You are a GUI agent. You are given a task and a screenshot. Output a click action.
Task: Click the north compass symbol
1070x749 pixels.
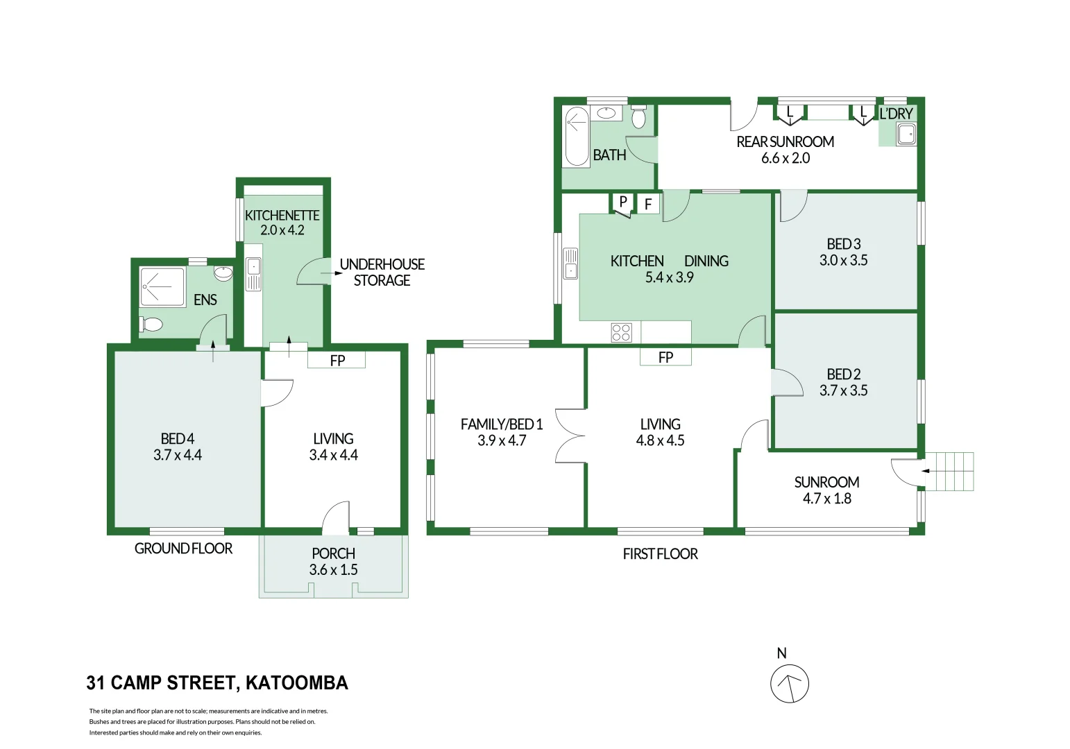pyautogui.click(x=789, y=683)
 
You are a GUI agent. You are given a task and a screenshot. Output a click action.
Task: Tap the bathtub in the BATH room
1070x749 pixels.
pyautogui.click(x=576, y=137)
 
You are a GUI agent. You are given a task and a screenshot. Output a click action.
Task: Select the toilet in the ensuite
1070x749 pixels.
pyautogui.click(x=151, y=324)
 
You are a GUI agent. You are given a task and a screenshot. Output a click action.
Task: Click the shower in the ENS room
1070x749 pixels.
pyautogui.click(x=163, y=286)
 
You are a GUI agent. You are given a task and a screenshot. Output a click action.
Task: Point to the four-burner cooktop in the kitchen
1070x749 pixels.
pyautogui.click(x=621, y=332)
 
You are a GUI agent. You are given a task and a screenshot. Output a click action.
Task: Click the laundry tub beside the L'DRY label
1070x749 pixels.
pyautogui.click(x=906, y=134)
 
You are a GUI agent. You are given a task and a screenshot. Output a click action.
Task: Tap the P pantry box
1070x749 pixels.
pyautogui.click(x=623, y=202)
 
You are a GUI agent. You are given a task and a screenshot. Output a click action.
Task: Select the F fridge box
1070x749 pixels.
pyautogui.click(x=648, y=204)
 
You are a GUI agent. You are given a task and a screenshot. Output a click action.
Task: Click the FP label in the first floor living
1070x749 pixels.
pyautogui.click(x=665, y=357)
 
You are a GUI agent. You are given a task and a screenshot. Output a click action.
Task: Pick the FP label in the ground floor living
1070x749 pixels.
pyautogui.click(x=337, y=361)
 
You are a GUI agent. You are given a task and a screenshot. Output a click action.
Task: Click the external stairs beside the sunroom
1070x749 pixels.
pyautogui.click(x=950, y=472)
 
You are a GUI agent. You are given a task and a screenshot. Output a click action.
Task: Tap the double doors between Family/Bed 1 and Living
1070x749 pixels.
pyautogui.click(x=570, y=436)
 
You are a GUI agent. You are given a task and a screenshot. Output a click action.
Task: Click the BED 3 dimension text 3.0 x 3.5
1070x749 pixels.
pyautogui.click(x=843, y=261)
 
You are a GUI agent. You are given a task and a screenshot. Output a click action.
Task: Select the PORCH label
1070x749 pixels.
pyautogui.click(x=333, y=553)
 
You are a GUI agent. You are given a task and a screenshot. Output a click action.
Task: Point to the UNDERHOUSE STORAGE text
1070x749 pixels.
pyautogui.click(x=382, y=273)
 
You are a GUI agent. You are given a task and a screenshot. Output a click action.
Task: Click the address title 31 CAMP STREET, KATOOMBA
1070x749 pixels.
pyautogui.click(x=217, y=683)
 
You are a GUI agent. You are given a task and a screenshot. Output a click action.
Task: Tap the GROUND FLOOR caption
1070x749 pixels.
pyautogui.click(x=183, y=549)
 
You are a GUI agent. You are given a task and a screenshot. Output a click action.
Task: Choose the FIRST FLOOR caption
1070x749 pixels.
pyautogui.click(x=660, y=554)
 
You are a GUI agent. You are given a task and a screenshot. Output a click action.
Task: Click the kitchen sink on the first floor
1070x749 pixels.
pyautogui.click(x=571, y=264)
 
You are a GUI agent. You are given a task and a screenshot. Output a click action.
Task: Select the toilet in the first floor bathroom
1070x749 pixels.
pyautogui.click(x=638, y=117)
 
